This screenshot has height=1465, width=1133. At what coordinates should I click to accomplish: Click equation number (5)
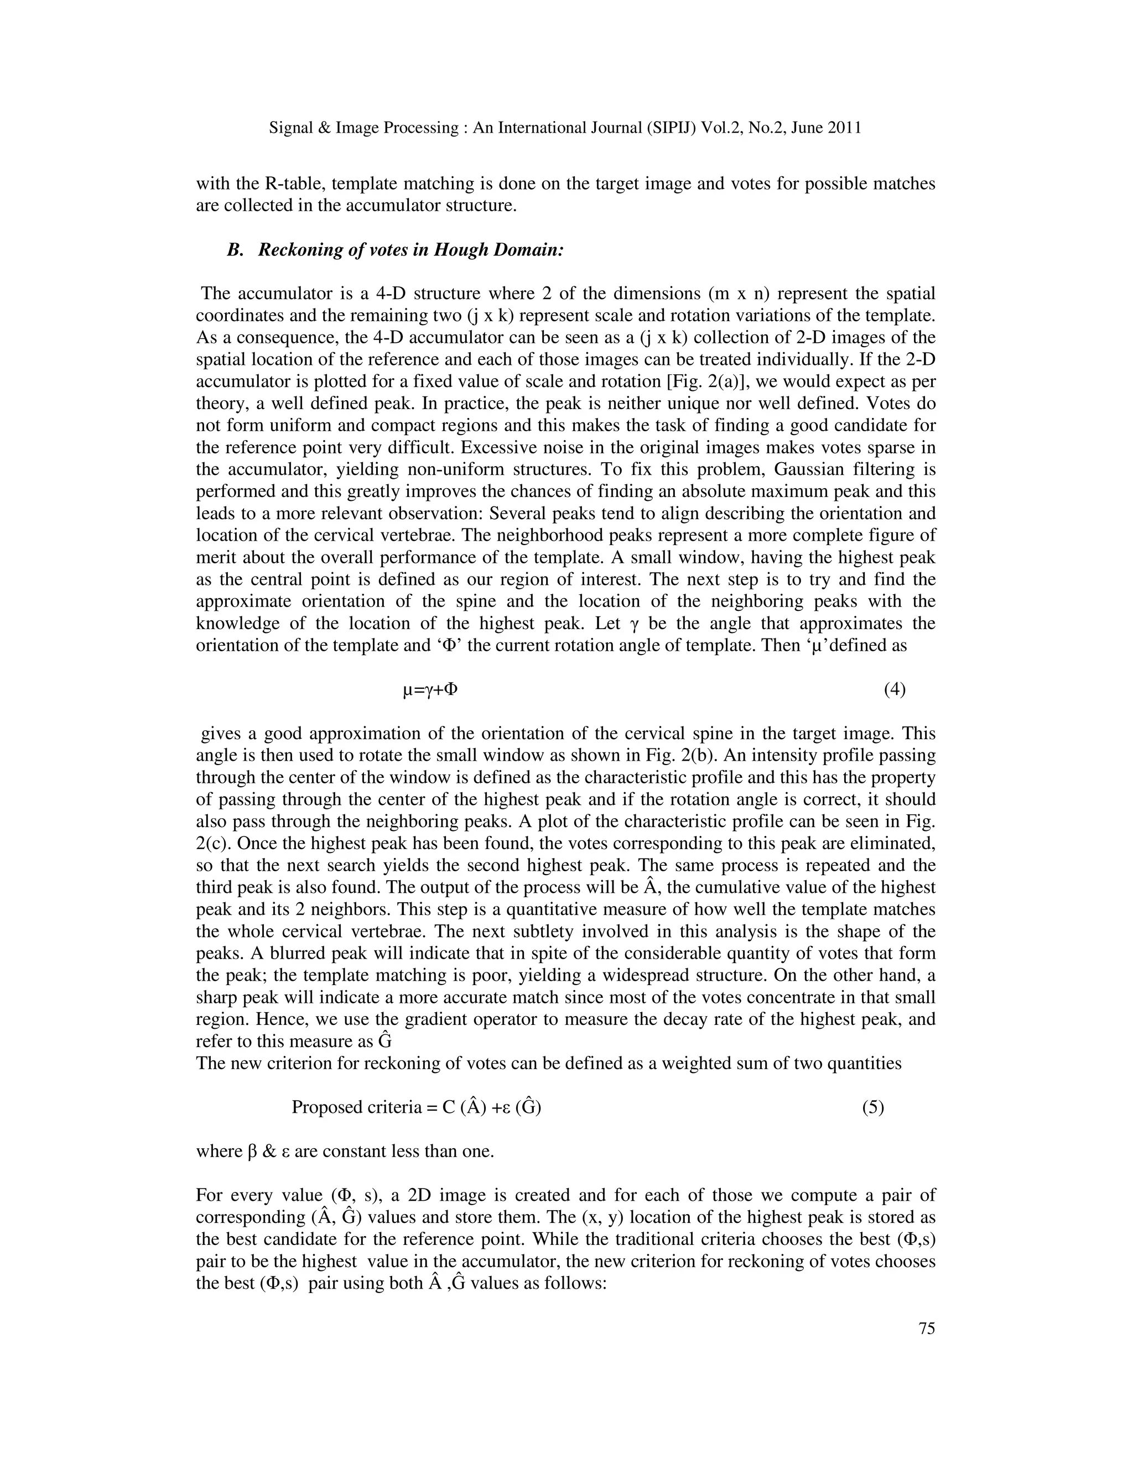873,1107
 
